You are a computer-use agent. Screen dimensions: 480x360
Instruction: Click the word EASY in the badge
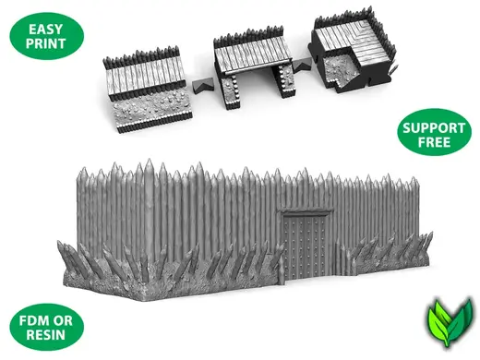click(45, 30)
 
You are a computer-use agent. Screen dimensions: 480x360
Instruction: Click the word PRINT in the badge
click(46, 43)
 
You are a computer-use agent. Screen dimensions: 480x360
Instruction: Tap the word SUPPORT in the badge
click(434, 128)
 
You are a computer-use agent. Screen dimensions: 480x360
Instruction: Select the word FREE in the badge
click(434, 142)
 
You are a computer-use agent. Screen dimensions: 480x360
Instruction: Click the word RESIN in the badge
click(46, 335)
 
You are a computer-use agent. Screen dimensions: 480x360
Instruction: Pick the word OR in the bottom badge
click(63, 321)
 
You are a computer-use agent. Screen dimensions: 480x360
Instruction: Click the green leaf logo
click(450, 321)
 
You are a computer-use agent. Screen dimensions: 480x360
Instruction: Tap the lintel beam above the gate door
click(306, 212)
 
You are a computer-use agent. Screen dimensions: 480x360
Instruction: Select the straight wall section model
click(147, 90)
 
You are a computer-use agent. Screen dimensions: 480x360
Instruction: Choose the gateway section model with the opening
click(254, 66)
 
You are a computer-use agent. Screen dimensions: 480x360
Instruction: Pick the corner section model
click(352, 50)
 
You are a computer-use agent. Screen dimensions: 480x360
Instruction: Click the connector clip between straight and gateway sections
click(203, 85)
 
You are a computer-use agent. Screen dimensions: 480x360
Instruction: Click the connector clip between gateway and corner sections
click(302, 65)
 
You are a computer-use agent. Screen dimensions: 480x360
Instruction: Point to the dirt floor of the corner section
click(336, 69)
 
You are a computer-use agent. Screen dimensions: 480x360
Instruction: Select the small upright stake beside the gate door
click(281, 270)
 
